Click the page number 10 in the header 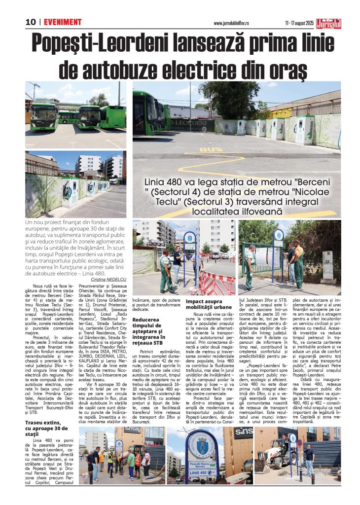31,22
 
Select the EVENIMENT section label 63,22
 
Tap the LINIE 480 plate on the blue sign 199,473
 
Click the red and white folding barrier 217,283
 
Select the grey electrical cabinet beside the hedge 327,265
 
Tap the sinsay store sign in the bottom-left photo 132,430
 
